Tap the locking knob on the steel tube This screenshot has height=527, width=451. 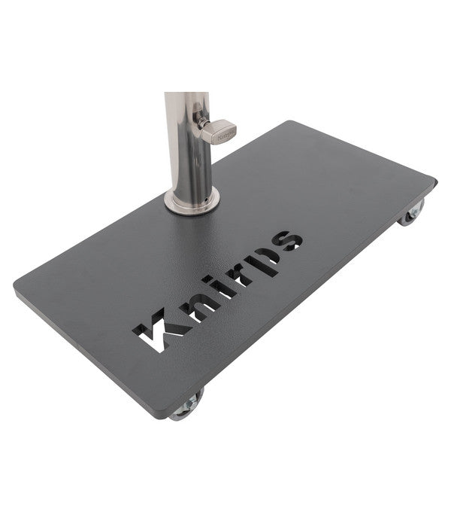[219, 132]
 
